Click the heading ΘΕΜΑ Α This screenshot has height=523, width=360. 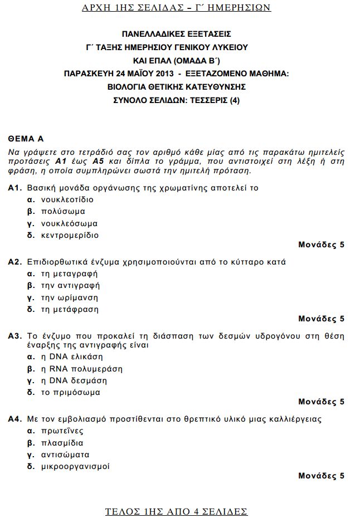pyautogui.click(x=26, y=138)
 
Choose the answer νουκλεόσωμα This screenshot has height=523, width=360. pyautogui.click(x=69, y=223)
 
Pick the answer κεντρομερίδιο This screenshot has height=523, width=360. pyautogui.click(x=70, y=235)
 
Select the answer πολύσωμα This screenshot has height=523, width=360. pyautogui.click(x=63, y=212)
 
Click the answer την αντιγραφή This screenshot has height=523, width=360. pyautogui.click(x=70, y=286)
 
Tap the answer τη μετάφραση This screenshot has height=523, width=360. pyautogui.click(x=70, y=309)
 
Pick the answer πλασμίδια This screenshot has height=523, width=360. pyautogui.click(x=62, y=443)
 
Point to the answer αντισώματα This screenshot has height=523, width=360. pyautogui.click(x=65, y=454)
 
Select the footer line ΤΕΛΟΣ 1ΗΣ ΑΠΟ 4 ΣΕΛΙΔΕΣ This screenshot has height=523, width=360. pyautogui.click(x=177, y=511)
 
